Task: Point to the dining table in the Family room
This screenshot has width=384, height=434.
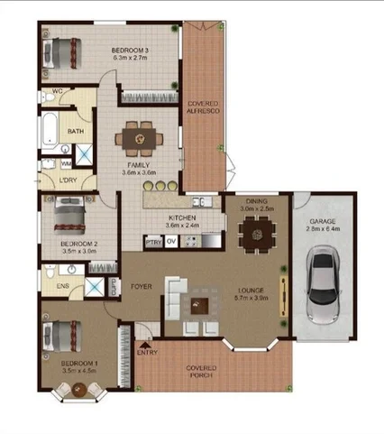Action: tap(141, 139)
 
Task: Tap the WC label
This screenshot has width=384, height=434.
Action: tap(55, 92)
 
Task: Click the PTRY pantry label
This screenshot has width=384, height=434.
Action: tap(153, 242)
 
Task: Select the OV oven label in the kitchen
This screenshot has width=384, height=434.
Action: tap(170, 242)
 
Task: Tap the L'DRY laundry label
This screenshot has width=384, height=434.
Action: tap(67, 180)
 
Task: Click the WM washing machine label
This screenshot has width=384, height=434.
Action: tap(66, 163)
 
